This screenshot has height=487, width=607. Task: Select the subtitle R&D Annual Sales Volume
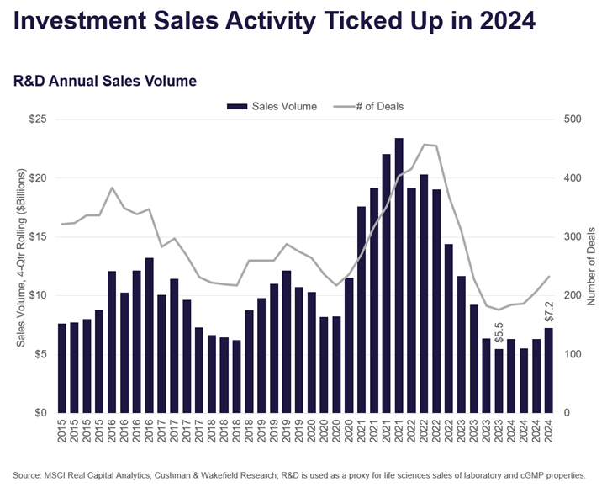[105, 82]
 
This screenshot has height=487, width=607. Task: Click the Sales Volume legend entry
[281, 106]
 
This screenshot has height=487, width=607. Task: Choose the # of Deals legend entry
[375, 106]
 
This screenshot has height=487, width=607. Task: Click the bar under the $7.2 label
[548, 370]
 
